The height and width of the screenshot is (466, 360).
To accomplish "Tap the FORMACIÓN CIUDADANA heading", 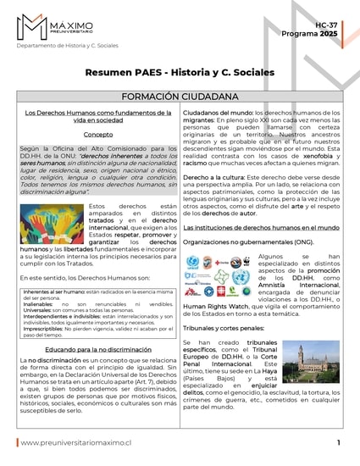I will (x=180, y=96).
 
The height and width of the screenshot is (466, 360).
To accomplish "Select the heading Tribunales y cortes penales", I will (x=224, y=326).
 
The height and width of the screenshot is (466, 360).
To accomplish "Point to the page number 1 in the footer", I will (x=338, y=443).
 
